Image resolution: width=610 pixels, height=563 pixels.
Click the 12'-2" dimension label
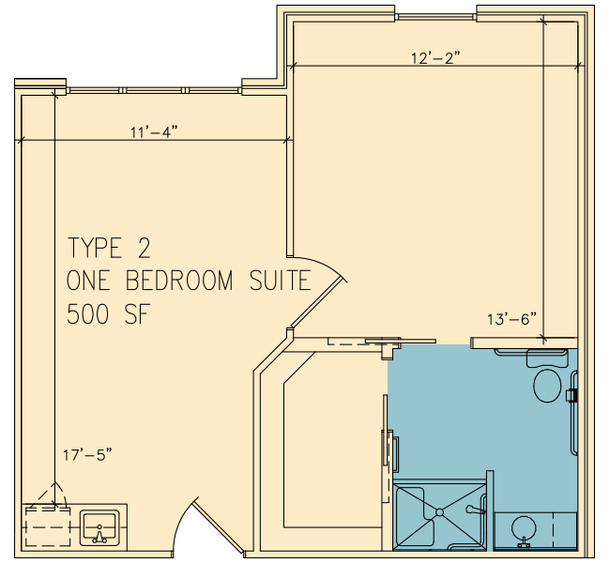(435, 58)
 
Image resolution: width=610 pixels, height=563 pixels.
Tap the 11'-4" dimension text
(154, 132)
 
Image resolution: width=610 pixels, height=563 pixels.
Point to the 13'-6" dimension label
(511, 319)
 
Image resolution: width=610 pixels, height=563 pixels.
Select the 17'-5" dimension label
(87, 454)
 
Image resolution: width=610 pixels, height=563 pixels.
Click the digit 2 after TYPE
(144, 248)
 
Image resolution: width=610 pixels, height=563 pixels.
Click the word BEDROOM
(179, 281)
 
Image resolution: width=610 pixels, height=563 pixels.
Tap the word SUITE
(280, 281)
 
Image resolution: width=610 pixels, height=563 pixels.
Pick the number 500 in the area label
(87, 314)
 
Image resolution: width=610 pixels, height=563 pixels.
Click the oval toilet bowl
(547, 386)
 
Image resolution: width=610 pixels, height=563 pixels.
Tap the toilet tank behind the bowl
(546, 358)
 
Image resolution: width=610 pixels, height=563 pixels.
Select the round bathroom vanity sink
(524, 529)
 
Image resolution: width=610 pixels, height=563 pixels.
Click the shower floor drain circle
(439, 512)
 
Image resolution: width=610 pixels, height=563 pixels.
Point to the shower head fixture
(475, 510)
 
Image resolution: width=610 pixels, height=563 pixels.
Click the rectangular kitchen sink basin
(99, 527)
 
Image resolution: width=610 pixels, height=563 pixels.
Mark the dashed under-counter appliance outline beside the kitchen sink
(48, 526)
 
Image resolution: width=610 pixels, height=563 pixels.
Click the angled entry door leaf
(219, 526)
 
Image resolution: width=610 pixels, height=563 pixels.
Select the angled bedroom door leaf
(319, 303)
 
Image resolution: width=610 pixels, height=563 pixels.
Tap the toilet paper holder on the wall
(572, 395)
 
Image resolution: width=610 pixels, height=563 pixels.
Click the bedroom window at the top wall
(435, 17)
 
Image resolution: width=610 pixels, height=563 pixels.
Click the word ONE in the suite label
(87, 281)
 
